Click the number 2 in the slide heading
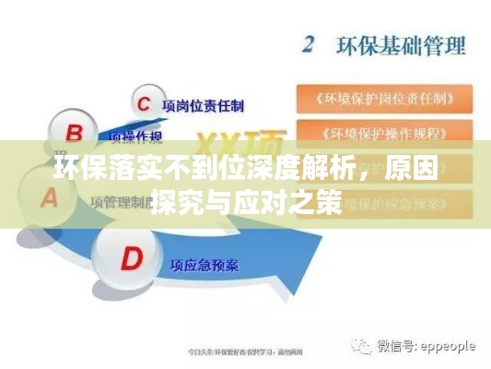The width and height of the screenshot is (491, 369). [x=310, y=43]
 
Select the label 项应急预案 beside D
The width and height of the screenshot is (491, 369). [x=204, y=267]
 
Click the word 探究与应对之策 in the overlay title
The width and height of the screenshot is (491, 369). [x=250, y=199]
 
